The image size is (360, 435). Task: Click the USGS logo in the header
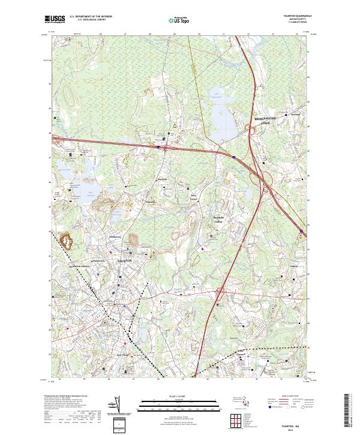point(55,19)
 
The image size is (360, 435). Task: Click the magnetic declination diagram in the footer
point(112,406)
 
